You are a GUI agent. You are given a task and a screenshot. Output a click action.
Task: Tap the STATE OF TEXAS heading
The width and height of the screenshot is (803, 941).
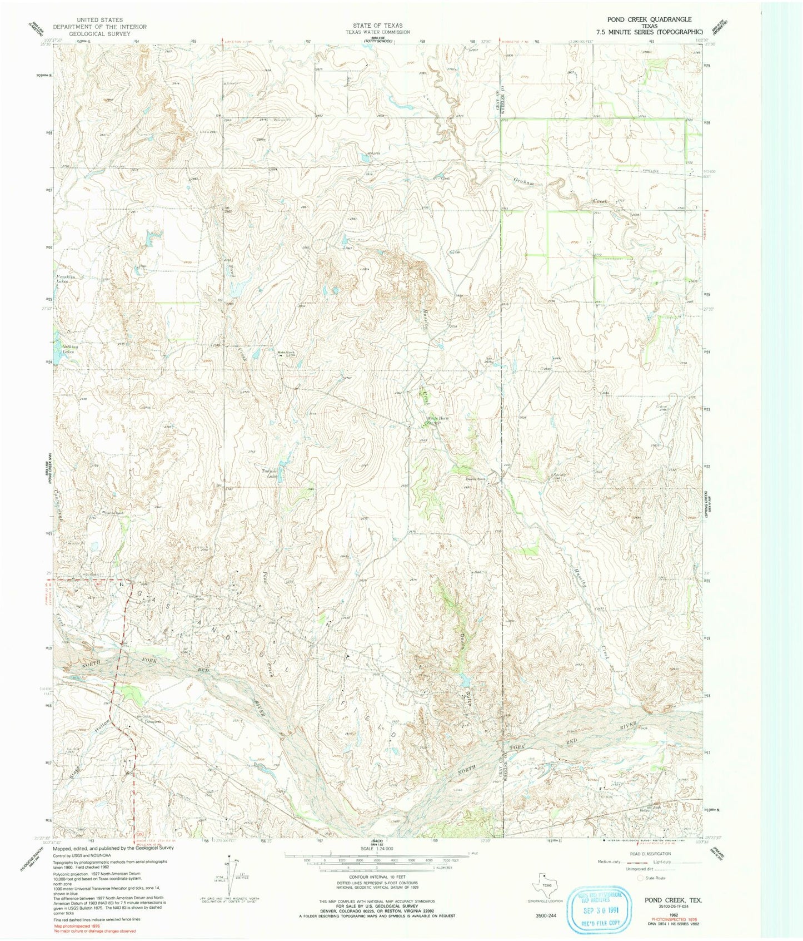(377, 26)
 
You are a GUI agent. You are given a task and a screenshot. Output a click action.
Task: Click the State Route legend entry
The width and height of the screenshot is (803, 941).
(655, 893)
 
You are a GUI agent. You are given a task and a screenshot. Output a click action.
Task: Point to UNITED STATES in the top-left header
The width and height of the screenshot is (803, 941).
(100, 20)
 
